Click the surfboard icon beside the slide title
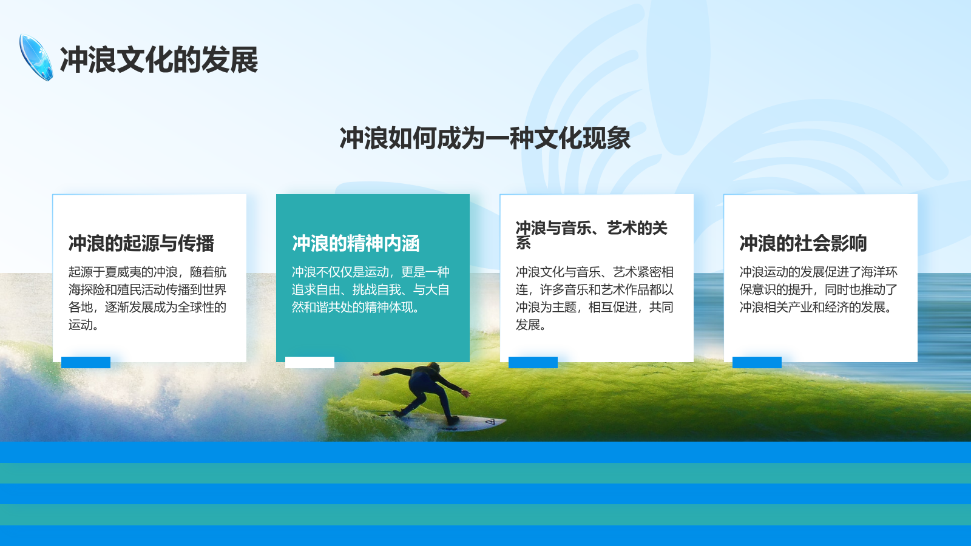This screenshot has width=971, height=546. tap(36, 57)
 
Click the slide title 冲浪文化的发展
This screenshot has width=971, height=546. tap(158, 59)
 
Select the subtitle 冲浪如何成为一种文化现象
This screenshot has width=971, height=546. tap(485, 139)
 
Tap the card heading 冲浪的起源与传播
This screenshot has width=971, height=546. tap(141, 243)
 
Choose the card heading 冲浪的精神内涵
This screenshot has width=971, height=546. tap(356, 243)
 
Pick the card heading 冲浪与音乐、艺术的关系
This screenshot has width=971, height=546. tap(591, 235)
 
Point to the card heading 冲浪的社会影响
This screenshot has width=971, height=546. tap(803, 243)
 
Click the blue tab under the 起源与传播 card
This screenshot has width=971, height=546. tap(86, 362)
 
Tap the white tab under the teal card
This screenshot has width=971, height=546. tap(310, 362)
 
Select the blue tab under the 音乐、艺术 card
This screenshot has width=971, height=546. tap(533, 362)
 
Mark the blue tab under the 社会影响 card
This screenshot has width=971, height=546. tap(757, 362)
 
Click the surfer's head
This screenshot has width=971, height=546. tap(432, 368)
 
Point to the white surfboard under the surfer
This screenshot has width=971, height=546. tap(451, 422)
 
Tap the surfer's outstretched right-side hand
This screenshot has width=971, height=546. tap(465, 394)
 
